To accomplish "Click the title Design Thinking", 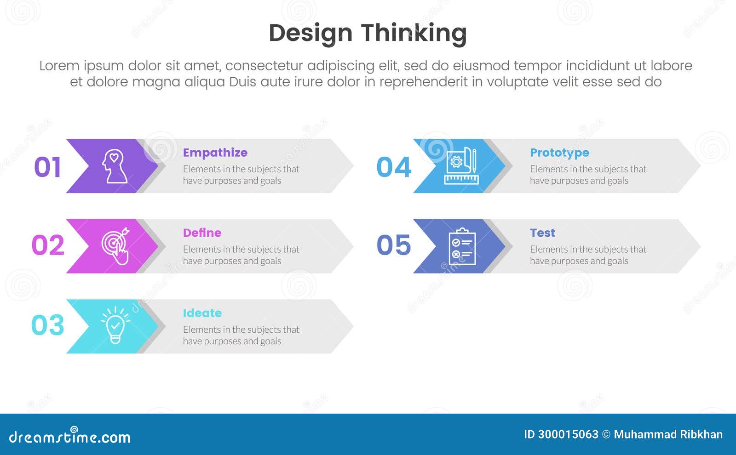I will [x=368, y=33].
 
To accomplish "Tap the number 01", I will [x=47, y=167].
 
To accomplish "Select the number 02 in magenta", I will [x=48, y=245].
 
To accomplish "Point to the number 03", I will [x=47, y=325].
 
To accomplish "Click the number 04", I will [x=394, y=167].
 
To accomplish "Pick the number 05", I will [x=394, y=245].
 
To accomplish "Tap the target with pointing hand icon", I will [x=115, y=246].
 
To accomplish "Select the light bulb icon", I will [x=115, y=325].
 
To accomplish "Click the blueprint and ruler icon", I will [x=461, y=166].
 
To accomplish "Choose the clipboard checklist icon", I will [x=461, y=246].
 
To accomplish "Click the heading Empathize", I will [x=215, y=153].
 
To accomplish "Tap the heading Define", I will [x=202, y=233].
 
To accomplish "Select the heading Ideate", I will [x=202, y=313].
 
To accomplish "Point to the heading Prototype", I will [x=559, y=153].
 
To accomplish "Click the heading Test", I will [x=542, y=233].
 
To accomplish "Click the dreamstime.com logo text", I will [x=69, y=437].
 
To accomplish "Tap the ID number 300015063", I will [x=568, y=434].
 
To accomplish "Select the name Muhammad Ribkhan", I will [x=668, y=434].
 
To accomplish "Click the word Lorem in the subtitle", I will [x=59, y=66].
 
